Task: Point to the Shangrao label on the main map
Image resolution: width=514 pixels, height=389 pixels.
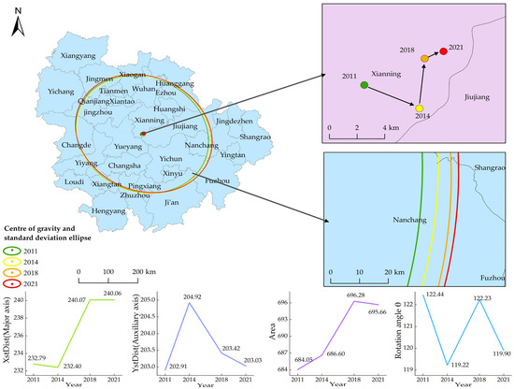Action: [255, 137]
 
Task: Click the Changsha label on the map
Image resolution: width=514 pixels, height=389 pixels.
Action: [127, 166]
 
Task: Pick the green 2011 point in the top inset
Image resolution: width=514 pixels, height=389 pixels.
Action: [364, 85]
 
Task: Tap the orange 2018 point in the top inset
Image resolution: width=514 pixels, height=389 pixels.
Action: [425, 59]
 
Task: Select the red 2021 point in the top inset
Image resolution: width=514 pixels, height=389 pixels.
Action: [443, 51]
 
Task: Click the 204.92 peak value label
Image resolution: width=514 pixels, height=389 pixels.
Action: [192, 297]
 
